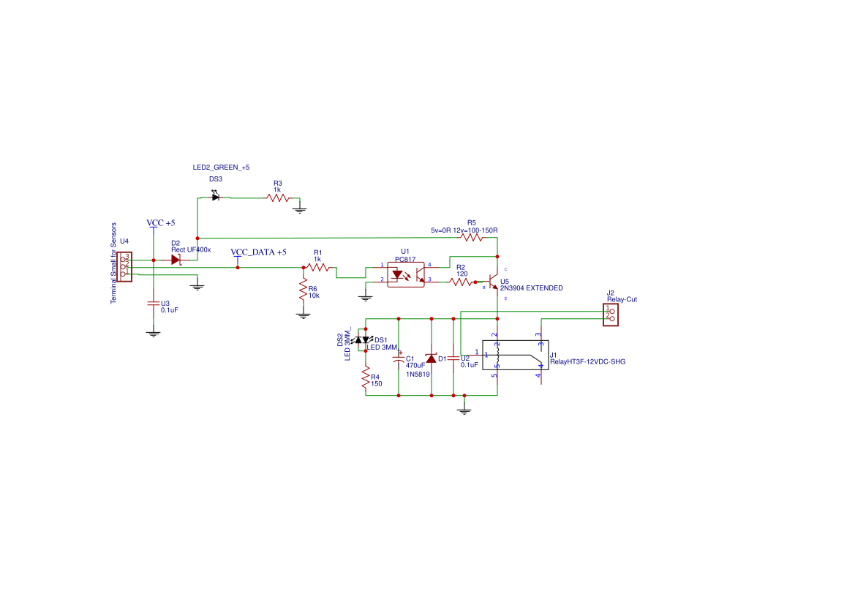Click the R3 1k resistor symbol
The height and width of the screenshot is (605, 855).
pos(278,198)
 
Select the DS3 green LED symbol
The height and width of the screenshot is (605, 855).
pos(215,197)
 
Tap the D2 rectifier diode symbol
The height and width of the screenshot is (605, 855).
pos(176,260)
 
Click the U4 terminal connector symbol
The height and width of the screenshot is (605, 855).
pos(125,265)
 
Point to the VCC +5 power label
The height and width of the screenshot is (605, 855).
pos(160,222)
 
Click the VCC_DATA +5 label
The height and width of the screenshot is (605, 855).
pos(258,252)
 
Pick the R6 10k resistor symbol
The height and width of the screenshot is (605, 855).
pos(302,290)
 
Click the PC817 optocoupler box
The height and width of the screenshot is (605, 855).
pos(406,274)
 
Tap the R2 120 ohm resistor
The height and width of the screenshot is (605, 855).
pos(461,282)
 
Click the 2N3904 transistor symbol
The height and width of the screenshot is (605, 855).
pos(492,282)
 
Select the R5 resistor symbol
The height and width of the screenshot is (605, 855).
pos(472,237)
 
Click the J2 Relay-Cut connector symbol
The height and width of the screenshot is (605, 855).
pos(610,315)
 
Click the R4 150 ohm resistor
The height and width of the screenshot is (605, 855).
pos(365,378)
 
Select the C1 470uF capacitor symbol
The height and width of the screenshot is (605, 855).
pos(398,358)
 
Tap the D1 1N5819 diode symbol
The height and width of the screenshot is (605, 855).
pos(431,358)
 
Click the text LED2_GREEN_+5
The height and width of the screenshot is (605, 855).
pos(221,168)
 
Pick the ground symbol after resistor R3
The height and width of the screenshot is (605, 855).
pos(299,210)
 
